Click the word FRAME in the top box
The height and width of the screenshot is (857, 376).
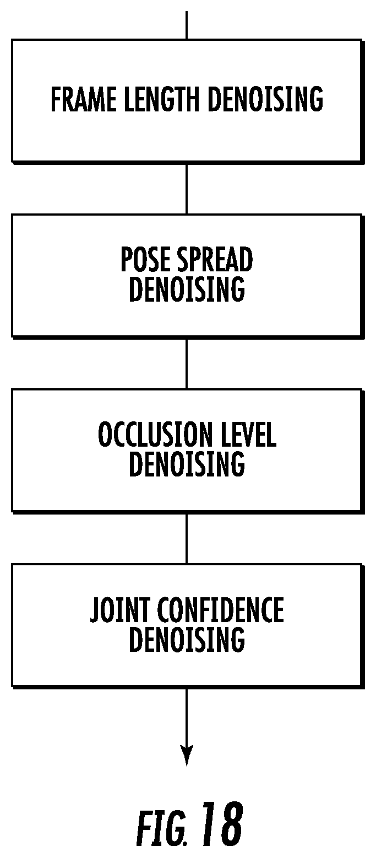(83, 99)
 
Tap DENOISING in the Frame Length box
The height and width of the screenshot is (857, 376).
(265, 99)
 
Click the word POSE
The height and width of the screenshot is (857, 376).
(145, 259)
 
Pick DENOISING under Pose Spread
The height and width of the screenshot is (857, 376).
(187, 289)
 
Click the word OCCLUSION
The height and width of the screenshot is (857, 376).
(155, 434)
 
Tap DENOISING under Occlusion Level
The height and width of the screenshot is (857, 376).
(187, 464)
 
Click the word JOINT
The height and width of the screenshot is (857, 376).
(119, 609)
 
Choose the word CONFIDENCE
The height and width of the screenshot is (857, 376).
(220, 609)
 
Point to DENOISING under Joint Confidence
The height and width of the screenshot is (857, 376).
(187, 639)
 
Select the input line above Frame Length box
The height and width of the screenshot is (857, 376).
(187, 25)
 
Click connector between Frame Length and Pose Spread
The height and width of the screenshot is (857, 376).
(187, 189)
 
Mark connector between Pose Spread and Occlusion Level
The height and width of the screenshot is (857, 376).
(187, 364)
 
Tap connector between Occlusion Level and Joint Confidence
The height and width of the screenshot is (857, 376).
(187, 539)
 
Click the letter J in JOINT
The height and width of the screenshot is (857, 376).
(95, 609)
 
